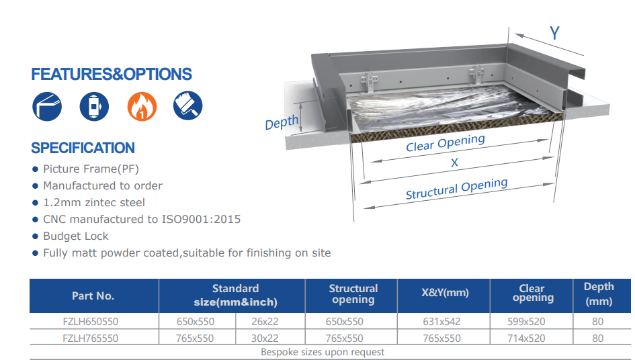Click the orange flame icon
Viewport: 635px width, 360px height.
(142, 107)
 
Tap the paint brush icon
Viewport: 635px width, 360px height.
(188, 105)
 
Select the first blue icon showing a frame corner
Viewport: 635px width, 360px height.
(47, 107)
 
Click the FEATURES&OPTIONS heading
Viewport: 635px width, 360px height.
(112, 74)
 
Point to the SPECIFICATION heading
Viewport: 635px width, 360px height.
(83, 148)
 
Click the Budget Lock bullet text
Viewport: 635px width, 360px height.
(76, 236)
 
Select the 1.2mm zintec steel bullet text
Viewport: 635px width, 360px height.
(94, 202)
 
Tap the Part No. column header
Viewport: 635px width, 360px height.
(93, 296)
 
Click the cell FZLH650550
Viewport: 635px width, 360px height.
(91, 322)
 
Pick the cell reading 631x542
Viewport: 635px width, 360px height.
(442, 322)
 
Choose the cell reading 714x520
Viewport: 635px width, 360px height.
(526, 338)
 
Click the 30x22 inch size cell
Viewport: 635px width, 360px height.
(265, 338)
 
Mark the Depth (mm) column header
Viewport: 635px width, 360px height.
(599, 294)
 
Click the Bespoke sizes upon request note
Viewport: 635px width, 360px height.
(323, 352)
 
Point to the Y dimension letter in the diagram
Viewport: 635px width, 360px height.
(554, 33)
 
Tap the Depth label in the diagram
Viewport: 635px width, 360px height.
(282, 122)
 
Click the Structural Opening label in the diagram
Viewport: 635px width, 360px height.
(456, 189)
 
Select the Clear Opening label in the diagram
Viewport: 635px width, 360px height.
(446, 143)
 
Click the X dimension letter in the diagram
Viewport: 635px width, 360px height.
(454, 163)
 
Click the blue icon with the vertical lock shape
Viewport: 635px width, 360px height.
(94, 107)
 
